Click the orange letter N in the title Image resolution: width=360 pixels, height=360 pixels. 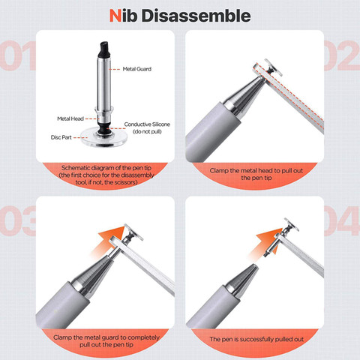click(115, 16)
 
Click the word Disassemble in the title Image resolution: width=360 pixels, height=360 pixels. click(196, 16)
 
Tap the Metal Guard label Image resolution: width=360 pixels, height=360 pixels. click(137, 69)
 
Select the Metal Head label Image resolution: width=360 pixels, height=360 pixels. click(70, 118)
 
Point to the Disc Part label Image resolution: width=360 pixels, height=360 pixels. click(61, 137)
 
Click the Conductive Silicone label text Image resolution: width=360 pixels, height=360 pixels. click(147, 124)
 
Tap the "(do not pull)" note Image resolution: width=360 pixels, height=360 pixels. click(147, 131)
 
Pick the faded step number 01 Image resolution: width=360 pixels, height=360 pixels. click(17, 55)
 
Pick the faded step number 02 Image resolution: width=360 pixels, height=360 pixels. click(342, 55)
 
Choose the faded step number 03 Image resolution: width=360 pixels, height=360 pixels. click(17, 221)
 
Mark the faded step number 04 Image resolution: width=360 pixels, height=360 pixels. click(342, 221)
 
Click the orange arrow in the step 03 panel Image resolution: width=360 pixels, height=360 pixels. click(108, 241)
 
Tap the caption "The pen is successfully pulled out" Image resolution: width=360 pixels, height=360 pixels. click(256, 339)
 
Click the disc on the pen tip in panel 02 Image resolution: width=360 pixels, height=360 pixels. click(274, 67)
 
